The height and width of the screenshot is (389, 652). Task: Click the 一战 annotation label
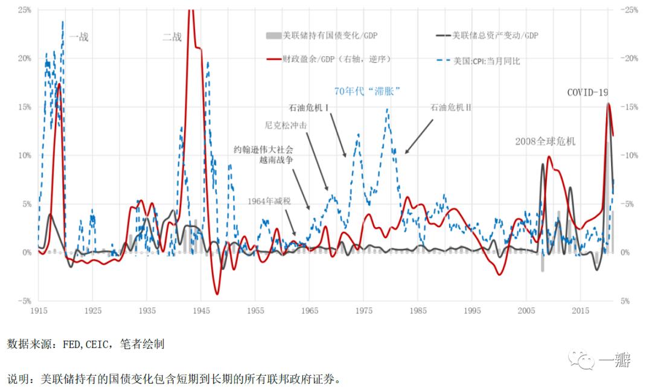point(79,37)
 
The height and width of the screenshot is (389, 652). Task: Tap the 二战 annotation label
point(172,37)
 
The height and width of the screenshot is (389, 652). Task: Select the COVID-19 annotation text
point(587,92)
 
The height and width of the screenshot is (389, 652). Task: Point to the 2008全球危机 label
point(545,141)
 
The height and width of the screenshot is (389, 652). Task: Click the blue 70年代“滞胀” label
point(368,91)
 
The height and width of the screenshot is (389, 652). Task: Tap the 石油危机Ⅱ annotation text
point(450,108)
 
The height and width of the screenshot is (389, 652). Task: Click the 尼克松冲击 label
point(282,126)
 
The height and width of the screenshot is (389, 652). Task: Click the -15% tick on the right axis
point(628,107)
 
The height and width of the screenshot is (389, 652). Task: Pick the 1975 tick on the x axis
point(363,310)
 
